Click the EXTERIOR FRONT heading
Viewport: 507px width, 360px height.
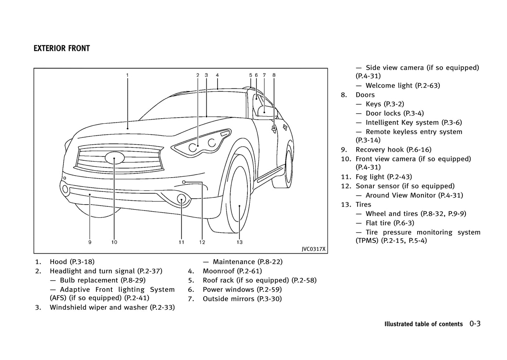pyautogui.click(x=62, y=48)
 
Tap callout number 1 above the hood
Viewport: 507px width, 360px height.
pyautogui.click(x=127, y=75)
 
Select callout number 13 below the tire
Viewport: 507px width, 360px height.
pyautogui.click(x=239, y=242)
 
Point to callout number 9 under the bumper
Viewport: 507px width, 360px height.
pyautogui.click(x=90, y=242)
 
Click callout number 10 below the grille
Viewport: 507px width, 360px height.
pyautogui.click(x=114, y=242)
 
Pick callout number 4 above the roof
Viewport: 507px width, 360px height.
pyautogui.click(x=218, y=75)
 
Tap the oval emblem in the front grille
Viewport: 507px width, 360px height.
pyautogui.click(x=114, y=158)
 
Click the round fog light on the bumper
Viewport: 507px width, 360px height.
pyautogui.click(x=181, y=199)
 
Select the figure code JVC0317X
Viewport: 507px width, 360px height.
pyautogui.click(x=313, y=249)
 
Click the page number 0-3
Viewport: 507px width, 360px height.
pyautogui.click(x=475, y=324)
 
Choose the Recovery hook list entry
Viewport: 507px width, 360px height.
pyautogui.click(x=393, y=149)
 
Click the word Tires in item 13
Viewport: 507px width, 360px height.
pyautogui.click(x=363, y=204)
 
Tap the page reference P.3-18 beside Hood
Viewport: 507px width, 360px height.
pyautogui.click(x=82, y=261)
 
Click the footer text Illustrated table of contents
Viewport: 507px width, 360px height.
pyautogui.click(x=423, y=324)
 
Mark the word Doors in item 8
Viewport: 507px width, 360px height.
pyautogui.click(x=365, y=95)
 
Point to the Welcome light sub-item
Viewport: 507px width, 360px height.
pyautogui.click(x=402, y=85)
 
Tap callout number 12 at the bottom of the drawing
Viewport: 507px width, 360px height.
pyautogui.click(x=202, y=242)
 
